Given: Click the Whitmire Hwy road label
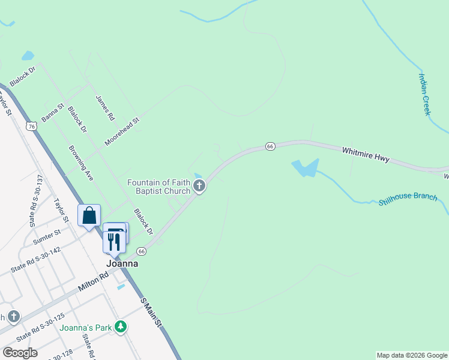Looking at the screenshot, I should click(366, 155).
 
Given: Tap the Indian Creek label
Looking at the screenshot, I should click(424, 94).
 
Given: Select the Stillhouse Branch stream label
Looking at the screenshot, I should click(408, 199).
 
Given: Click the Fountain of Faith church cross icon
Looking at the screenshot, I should click(200, 187).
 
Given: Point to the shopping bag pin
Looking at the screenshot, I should click(89, 215).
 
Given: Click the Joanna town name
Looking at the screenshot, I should click(122, 263).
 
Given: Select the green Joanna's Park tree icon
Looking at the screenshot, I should click(121, 327).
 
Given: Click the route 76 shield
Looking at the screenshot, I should click(32, 125).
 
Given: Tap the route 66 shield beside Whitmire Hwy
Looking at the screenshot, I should click(270, 146).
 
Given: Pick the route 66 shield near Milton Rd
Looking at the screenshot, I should click(142, 251).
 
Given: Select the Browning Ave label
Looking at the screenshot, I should click(81, 163).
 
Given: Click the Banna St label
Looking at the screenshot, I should click(52, 112).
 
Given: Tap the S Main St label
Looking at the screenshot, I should click(151, 312).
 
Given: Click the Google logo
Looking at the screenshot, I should click(20, 353).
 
